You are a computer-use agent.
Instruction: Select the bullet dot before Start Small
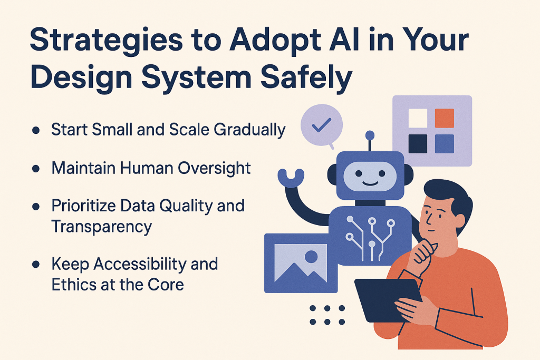click(36, 130)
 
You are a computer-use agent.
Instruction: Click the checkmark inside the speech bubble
click(321, 125)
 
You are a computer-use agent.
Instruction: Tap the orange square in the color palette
click(444, 118)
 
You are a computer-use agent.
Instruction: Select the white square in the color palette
click(418, 118)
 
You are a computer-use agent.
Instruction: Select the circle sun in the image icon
click(312, 257)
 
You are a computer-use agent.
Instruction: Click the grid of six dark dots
click(327, 315)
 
